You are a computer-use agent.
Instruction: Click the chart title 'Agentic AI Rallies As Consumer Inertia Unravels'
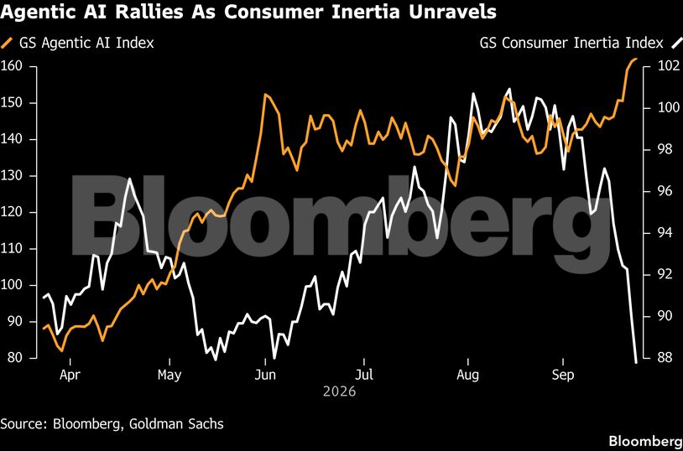pyautogui.click(x=248, y=12)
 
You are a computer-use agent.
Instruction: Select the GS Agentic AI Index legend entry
pyautogui.click(x=77, y=43)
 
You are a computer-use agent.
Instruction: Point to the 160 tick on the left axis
pyautogui.click(x=13, y=66)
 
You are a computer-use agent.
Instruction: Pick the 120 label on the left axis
pyautogui.click(x=13, y=212)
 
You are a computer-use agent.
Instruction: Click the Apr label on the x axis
pyautogui.click(x=70, y=375)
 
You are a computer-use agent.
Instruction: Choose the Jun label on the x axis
pyautogui.click(x=265, y=375)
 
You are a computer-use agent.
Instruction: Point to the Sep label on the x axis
pyautogui.click(x=564, y=375)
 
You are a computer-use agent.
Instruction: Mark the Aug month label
pyautogui.click(x=467, y=375)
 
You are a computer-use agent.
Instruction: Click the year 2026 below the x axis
pyautogui.click(x=339, y=391)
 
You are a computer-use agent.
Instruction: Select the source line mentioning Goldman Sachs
pyautogui.click(x=112, y=424)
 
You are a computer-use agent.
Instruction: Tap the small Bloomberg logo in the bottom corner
pyautogui.click(x=645, y=439)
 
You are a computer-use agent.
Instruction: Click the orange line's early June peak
pyautogui.click(x=265, y=94)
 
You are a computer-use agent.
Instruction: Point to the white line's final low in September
pyautogui.click(x=636, y=362)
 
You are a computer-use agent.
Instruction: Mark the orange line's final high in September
pyautogui.click(x=636, y=59)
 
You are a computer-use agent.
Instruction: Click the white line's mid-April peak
pyautogui.click(x=129, y=179)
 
